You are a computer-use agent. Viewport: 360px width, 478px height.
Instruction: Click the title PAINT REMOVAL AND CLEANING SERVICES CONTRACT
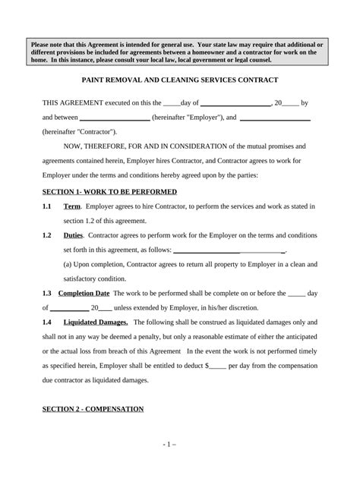pos(180,80)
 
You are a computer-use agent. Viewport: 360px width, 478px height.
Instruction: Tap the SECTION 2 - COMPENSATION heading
pos(93,409)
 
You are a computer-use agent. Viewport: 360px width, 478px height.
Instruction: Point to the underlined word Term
pos(72,206)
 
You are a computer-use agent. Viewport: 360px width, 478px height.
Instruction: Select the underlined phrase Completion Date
pos(87,293)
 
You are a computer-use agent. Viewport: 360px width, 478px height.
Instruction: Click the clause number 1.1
pos(47,206)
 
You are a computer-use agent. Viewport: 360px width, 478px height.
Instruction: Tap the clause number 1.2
pos(47,235)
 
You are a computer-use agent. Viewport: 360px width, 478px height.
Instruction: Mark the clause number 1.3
pos(47,293)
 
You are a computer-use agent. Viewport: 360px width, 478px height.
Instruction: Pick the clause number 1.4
pos(47,322)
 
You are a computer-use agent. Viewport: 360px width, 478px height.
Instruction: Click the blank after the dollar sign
pos(218,366)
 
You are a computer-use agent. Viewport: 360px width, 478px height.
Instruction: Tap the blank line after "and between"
pos(115,118)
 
